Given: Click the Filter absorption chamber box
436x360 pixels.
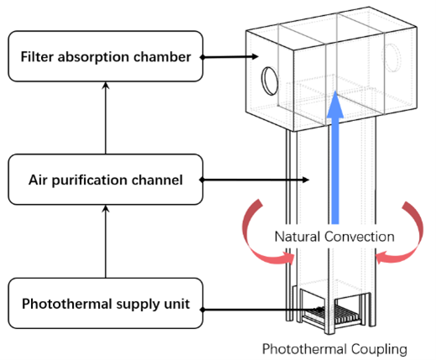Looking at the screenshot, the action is click(x=106, y=56).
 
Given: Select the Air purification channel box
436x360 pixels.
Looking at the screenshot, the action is click(x=106, y=180).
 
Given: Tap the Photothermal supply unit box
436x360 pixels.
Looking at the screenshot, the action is click(x=106, y=303).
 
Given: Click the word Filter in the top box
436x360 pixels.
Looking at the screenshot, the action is click(x=37, y=57).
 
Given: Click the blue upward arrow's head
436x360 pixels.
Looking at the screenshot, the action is click(x=335, y=104).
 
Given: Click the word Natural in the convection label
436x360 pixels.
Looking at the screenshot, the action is click(x=298, y=237).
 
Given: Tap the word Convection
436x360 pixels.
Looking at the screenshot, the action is click(x=360, y=237).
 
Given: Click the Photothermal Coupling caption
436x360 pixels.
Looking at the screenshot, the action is click(x=335, y=349).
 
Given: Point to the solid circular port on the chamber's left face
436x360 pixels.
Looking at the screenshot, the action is click(x=270, y=81).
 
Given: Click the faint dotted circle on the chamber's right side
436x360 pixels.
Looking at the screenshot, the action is click(x=392, y=58).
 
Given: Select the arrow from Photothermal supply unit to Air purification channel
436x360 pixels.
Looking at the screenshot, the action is click(x=106, y=242).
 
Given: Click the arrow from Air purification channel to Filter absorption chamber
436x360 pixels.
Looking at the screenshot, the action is click(x=106, y=117).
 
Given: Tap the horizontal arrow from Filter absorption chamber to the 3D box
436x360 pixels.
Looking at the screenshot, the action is click(x=229, y=57).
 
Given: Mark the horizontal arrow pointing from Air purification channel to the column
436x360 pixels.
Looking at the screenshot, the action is click(x=254, y=180).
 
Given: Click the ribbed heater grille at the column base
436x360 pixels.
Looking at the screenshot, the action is click(x=332, y=314).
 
